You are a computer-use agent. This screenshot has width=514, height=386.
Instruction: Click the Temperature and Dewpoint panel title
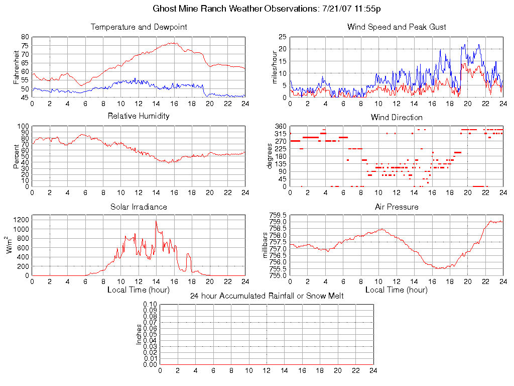point(139,27)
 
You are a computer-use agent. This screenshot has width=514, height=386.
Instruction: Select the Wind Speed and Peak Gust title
point(397,27)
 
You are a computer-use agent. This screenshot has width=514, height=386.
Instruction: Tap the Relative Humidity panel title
point(139,116)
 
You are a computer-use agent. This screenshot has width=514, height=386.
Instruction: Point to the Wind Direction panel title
point(397,118)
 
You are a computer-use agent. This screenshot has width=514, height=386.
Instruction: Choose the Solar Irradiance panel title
point(139,207)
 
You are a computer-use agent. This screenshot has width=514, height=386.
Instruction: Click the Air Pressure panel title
point(397,207)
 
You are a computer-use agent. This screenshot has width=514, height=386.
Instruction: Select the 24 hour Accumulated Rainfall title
point(267,296)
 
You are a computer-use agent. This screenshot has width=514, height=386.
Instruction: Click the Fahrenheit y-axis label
point(17,67)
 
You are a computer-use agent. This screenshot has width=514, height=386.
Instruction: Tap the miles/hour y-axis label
point(275,67)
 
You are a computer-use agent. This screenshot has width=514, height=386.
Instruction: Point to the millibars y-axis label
point(266,245)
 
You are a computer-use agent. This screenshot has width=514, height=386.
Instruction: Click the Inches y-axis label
point(139,334)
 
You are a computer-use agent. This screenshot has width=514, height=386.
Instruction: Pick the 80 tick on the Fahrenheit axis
point(25,37)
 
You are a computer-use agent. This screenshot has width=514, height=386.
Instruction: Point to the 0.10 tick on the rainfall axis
point(150,305)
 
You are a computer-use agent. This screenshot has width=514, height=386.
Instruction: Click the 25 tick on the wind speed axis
point(283,37)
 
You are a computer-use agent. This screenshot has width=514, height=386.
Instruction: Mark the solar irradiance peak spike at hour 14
point(156,221)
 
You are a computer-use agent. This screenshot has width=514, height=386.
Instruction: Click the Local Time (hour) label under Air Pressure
point(397,290)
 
